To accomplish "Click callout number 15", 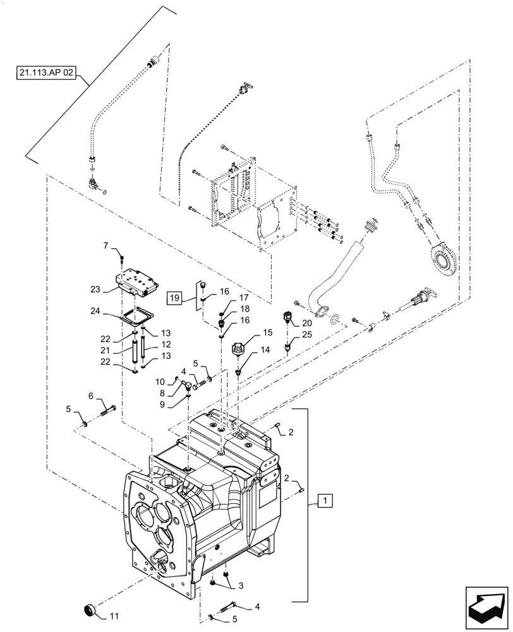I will click(x=268, y=331).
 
